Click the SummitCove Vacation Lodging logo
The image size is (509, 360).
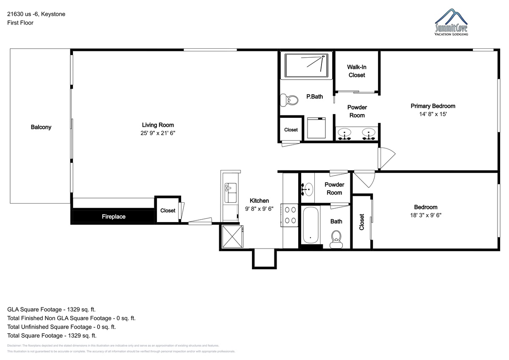pos(451,22)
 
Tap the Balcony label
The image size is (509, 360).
pos(41,127)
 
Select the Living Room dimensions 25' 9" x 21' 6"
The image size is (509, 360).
pos(158,133)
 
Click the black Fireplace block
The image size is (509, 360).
pos(113,216)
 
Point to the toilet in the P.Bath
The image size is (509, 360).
pos(289,100)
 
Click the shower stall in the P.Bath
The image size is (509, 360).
pos(306,65)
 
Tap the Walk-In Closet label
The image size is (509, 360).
pos(357,71)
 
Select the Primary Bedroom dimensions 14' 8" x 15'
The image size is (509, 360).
pos(433,114)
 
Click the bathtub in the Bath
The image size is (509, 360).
pos(310,225)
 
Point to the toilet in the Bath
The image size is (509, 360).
pos(336,239)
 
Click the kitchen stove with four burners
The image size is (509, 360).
pos(289,215)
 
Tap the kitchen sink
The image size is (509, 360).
pos(230,193)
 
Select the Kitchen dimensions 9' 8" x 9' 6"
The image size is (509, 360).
pos(259,209)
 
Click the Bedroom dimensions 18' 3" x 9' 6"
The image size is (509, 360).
pos(425,215)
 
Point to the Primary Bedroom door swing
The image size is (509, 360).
pos(387,158)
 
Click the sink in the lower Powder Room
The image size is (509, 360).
pos(307,189)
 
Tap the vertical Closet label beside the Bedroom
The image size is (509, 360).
pos(361,222)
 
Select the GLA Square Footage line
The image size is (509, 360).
pos(51,310)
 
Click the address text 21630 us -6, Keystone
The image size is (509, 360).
pos(36,14)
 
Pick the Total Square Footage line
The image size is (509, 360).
pos(52,335)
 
